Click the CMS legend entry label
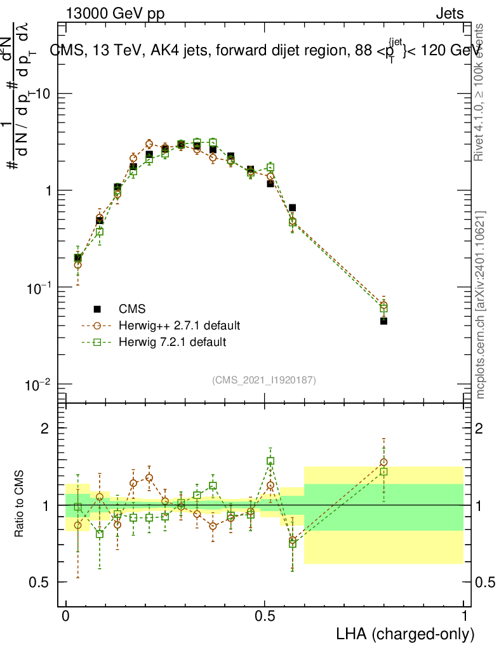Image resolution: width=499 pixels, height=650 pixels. point(132,309)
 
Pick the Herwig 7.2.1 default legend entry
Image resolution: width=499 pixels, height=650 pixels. point(172,342)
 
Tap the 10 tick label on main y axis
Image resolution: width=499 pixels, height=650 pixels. point(42,94)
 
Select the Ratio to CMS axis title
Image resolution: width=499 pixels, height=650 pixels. point(20,504)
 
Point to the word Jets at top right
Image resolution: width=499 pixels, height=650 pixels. point(449,14)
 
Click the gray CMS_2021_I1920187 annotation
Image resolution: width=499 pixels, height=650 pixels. point(264,380)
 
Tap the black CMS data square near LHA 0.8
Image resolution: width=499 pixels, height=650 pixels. point(383,321)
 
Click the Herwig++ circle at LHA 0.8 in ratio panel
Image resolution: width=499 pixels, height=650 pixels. point(383,463)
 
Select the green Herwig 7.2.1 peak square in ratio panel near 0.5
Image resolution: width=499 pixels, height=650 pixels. point(270,461)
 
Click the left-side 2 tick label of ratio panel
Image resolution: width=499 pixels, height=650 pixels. point(44,428)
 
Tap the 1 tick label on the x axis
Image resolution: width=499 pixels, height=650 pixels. point(464,616)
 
